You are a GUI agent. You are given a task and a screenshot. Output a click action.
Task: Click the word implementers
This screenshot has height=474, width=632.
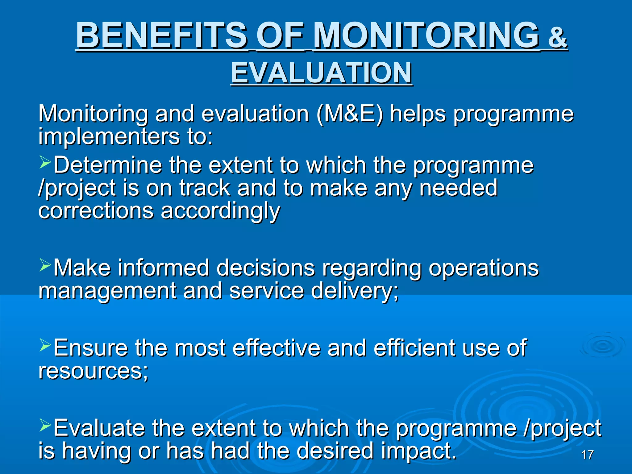pos(109,136)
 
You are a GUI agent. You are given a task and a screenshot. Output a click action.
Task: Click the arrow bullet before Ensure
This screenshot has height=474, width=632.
pos(45,345)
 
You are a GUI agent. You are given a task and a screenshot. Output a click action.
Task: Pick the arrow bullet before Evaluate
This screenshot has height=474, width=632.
pos(45,425)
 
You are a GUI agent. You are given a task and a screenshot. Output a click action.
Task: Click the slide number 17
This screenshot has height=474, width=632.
pos(587,455)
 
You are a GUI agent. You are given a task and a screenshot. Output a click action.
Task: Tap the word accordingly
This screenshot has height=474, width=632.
pos(220,211)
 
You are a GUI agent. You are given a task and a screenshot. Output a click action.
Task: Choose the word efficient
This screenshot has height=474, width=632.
pos(414,348)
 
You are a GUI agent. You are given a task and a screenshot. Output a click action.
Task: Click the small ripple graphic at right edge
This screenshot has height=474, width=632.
pos(602,346)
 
